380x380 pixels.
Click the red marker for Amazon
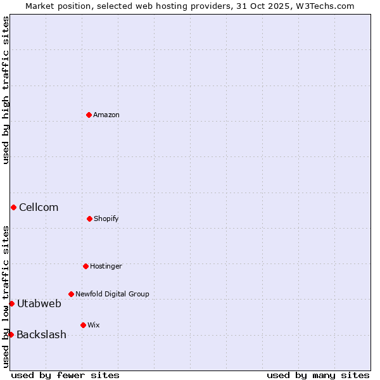[89, 115]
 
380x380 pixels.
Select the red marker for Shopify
[89, 218]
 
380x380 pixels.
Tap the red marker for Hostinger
[85, 266]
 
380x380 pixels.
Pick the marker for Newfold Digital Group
[71, 294]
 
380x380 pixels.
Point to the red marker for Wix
[83, 325]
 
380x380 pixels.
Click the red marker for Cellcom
[13, 207]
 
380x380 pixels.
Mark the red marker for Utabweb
[11, 303]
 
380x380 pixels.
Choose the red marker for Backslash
[11, 334]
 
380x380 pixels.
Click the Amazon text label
[106, 115]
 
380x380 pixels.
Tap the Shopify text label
[106, 218]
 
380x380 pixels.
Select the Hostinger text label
[106, 266]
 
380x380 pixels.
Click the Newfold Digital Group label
[112, 294]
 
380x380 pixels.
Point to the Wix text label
[94, 325]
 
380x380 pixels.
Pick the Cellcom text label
[39, 207]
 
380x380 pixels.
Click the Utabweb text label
[39, 303]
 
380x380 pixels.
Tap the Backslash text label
[41, 334]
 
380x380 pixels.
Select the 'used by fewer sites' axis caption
[65, 375]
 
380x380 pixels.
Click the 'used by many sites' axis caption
[318, 375]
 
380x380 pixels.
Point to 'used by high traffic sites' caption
[6, 90]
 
